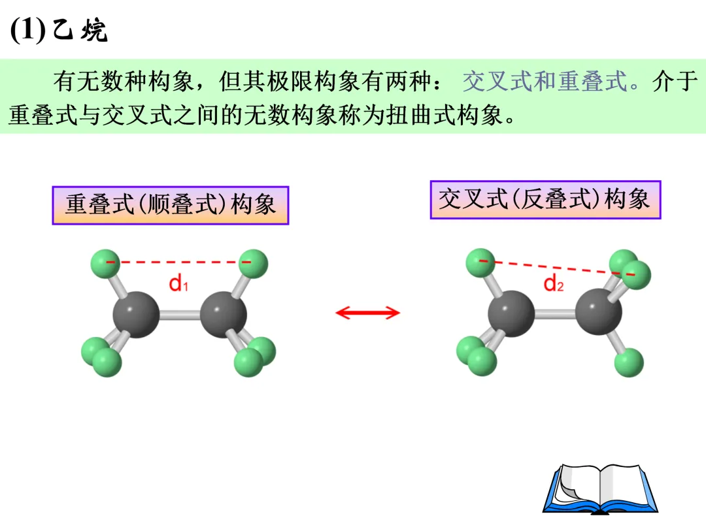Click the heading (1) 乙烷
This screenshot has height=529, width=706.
click(59, 31)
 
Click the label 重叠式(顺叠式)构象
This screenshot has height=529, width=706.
click(170, 205)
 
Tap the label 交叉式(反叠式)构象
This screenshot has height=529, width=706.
click(545, 199)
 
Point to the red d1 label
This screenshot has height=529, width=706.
click(178, 283)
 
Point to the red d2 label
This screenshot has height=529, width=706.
click(554, 283)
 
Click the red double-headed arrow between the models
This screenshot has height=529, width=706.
click(367, 313)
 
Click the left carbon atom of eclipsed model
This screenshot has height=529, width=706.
click(136, 314)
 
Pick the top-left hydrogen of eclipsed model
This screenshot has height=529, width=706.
click(105, 263)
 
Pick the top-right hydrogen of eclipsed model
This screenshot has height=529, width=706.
click(253, 263)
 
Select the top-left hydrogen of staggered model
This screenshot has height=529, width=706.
click(480, 263)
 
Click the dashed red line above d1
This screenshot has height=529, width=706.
click(178, 263)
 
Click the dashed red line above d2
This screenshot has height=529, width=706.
click(556, 268)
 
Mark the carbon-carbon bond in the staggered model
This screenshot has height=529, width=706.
click(555, 314)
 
